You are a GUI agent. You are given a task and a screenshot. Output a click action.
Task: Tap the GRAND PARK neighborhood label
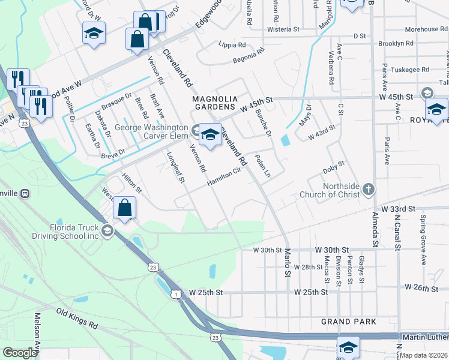[x=349, y=322]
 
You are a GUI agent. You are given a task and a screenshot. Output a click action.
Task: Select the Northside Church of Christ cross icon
[x=369, y=190]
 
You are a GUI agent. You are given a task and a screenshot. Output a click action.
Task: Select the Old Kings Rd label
[x=77, y=319]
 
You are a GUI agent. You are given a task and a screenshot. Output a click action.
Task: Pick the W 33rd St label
[x=400, y=209]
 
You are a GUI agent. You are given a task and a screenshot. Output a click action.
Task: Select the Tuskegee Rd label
[x=408, y=69]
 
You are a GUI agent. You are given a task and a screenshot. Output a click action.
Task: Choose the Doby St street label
[x=334, y=166]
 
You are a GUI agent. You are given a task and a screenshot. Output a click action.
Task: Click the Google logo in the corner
[x=20, y=353]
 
